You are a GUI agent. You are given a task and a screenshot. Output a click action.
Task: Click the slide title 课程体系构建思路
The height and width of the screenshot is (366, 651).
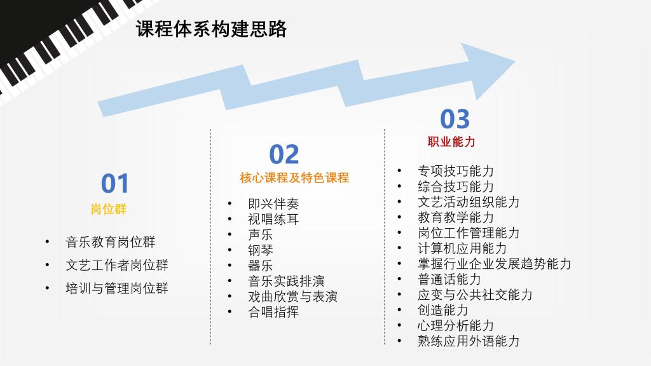coord(211,29)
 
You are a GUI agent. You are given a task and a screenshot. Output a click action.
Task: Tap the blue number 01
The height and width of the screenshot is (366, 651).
coord(115,184)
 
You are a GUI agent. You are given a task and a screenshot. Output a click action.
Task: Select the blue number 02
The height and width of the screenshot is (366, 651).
coord(284,154)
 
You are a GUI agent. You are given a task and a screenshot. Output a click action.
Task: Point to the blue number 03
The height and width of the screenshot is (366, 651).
coord(455,119)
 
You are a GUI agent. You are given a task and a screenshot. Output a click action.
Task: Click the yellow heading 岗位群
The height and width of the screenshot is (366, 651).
coord(109,208)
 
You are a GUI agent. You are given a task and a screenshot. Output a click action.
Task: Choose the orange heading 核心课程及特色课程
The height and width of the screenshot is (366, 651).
coord(294,178)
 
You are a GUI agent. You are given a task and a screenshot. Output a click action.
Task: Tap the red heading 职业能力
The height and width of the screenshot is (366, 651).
coord(451,142)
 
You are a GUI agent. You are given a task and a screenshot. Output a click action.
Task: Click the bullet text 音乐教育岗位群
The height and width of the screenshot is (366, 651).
coord(111,242)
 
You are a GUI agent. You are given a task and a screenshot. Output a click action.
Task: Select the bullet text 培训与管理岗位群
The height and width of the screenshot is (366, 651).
coord(117,288)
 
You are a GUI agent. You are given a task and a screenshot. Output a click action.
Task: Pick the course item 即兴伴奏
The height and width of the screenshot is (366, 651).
coord(273,204)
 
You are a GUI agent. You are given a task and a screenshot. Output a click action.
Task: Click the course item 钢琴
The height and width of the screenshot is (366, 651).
coord(261,250)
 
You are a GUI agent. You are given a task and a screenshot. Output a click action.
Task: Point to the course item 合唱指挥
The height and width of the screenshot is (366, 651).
coord(273,312)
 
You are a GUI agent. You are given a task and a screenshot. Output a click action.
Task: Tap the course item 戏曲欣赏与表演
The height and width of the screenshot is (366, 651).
coord(292,297)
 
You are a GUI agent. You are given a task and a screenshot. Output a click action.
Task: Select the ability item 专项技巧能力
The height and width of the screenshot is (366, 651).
coord(456,171)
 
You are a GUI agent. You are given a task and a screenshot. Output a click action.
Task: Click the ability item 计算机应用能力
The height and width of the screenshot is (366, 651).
coord(462,248)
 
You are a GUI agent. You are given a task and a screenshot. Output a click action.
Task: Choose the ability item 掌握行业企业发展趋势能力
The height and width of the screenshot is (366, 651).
coord(495,264)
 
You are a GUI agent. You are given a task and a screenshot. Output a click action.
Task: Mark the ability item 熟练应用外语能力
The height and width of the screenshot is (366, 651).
coord(469,341)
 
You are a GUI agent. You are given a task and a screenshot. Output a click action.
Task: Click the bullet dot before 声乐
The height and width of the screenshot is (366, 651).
coord(230,234)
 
